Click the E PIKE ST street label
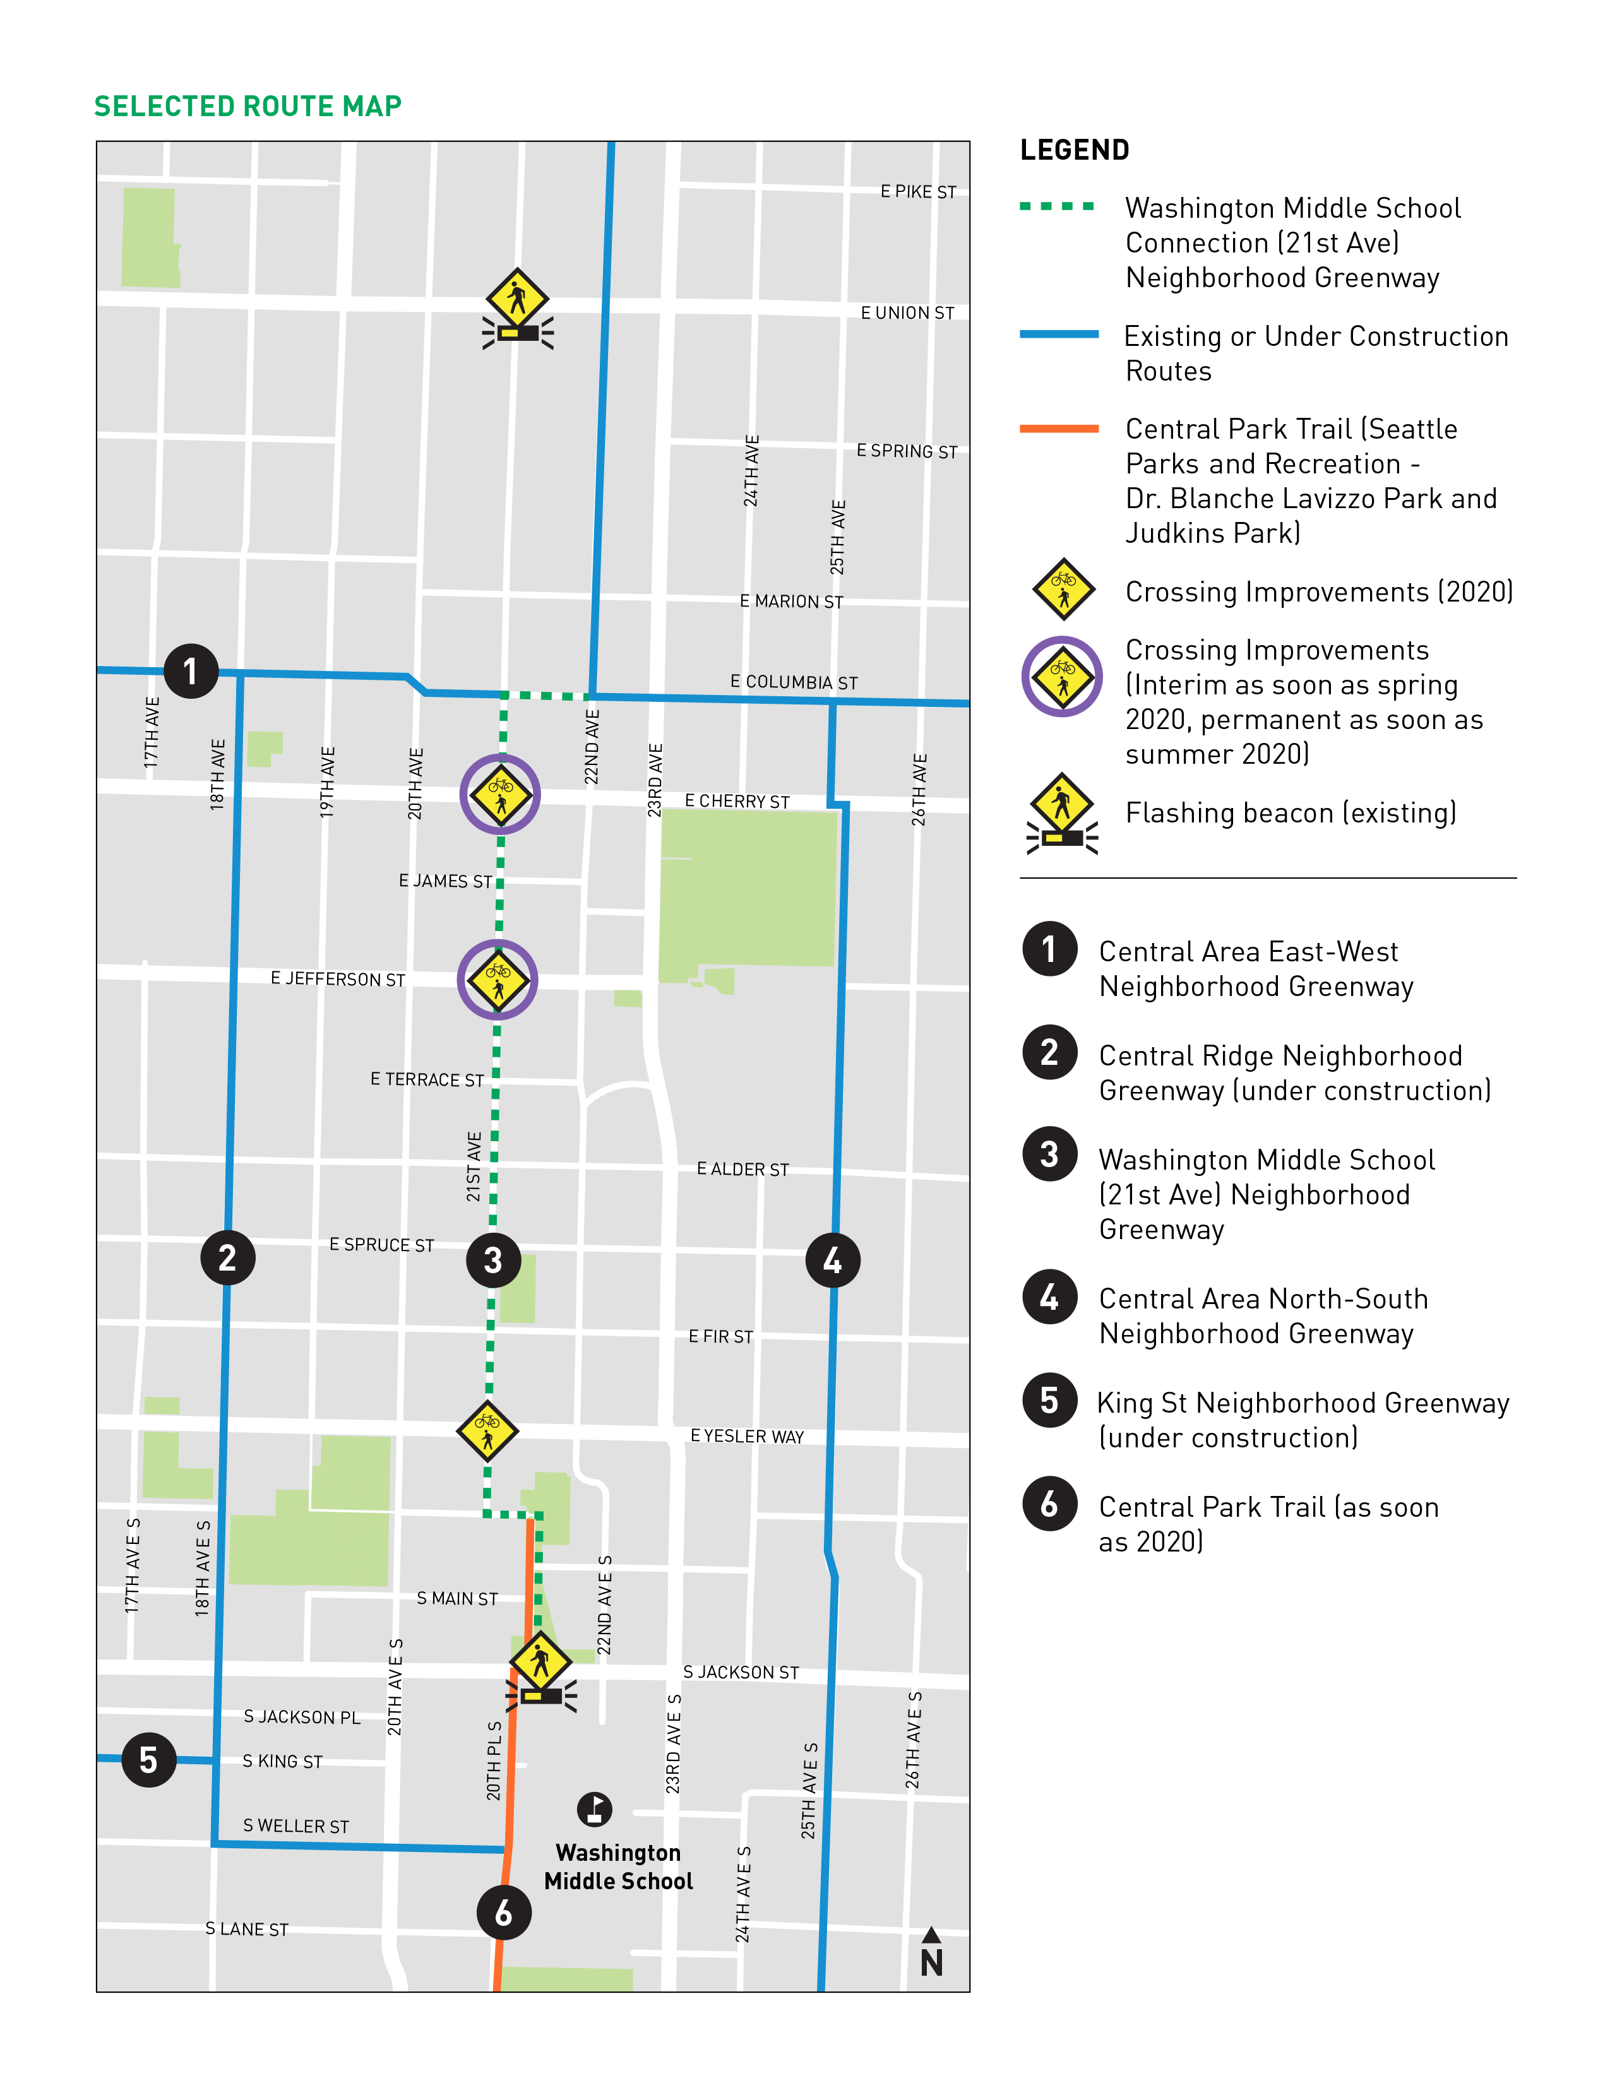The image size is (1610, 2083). click(917, 192)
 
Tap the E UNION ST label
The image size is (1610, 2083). click(907, 313)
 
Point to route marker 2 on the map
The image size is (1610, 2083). click(227, 1258)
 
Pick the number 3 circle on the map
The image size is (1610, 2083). click(493, 1260)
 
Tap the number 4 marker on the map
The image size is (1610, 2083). click(833, 1260)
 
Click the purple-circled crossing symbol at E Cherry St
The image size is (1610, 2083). click(501, 793)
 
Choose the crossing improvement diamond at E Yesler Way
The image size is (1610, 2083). click(487, 1430)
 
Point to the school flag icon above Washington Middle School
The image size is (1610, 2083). click(594, 1809)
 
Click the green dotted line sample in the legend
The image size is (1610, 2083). click(1058, 206)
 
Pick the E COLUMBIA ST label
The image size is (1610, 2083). click(794, 682)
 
